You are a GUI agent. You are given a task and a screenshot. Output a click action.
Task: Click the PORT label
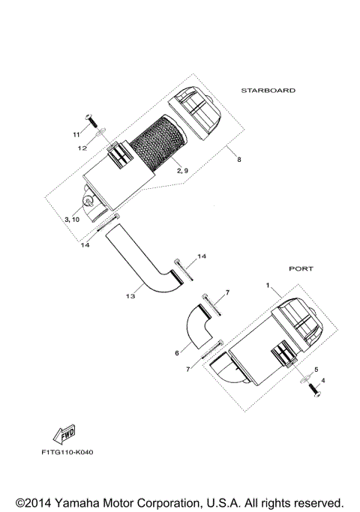(301, 268)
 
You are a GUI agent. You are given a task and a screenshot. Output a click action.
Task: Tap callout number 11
(76, 134)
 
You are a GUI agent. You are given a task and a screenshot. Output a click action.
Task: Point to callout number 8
(239, 159)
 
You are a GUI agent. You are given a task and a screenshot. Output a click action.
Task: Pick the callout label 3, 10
(72, 220)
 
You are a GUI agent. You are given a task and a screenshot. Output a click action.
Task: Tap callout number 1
(267, 286)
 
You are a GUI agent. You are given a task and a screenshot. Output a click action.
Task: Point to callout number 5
(316, 370)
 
